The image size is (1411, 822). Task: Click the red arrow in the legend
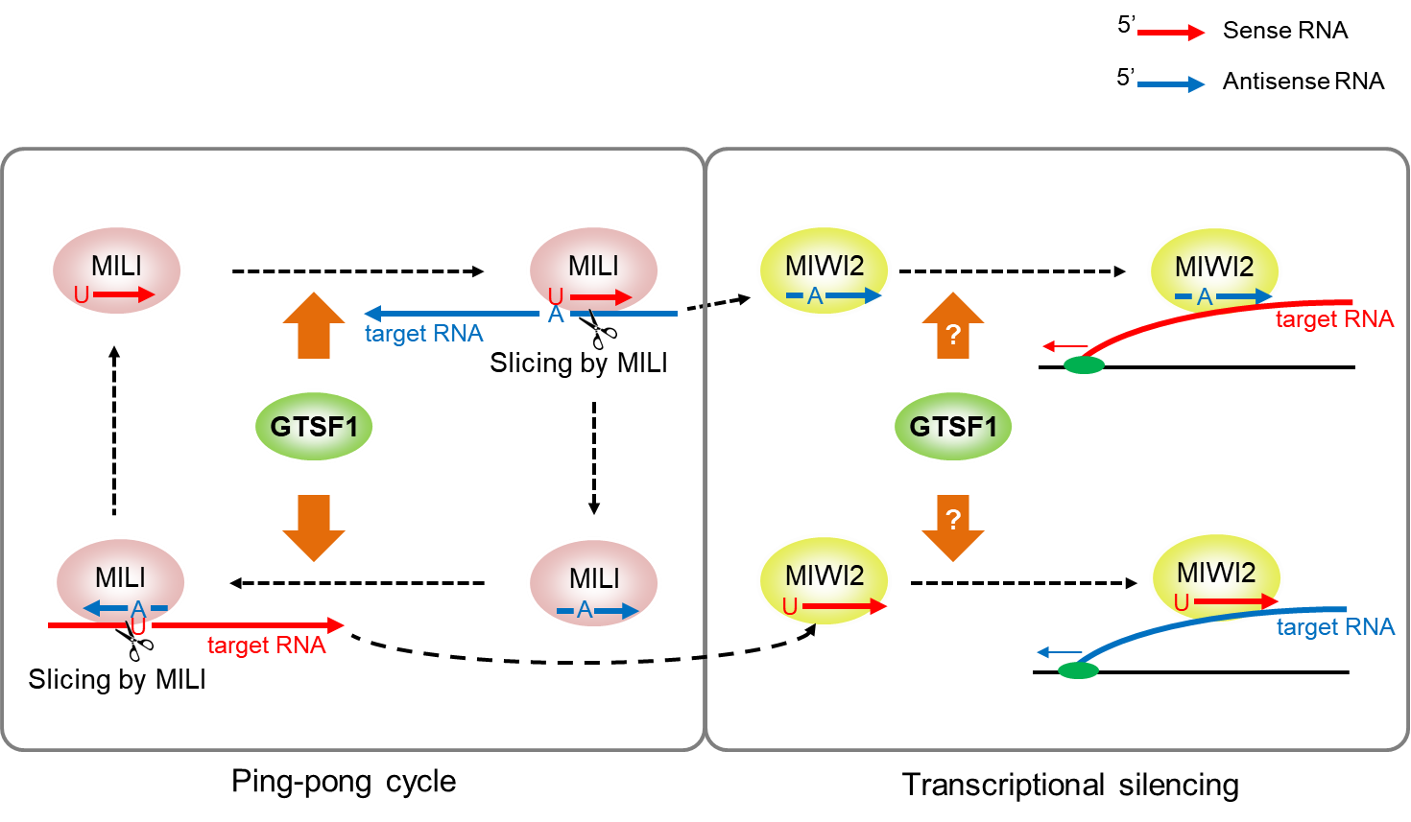pyautogui.click(x=1170, y=33)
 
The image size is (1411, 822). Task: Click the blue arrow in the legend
pyautogui.click(x=1170, y=84)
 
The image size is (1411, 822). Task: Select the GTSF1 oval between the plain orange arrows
pyautogui.click(x=314, y=426)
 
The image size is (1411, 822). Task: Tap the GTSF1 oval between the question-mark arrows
pyautogui.click(x=953, y=426)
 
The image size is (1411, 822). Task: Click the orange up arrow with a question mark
pyautogui.click(x=953, y=327)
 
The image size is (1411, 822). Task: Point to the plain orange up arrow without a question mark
pyautogui.click(x=314, y=326)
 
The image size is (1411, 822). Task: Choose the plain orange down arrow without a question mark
pyautogui.click(x=314, y=527)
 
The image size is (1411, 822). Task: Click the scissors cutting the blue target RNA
pyautogui.click(x=602, y=332)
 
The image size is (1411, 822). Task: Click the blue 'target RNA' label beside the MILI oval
pyautogui.click(x=423, y=334)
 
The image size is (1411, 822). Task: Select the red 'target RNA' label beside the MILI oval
pyautogui.click(x=266, y=646)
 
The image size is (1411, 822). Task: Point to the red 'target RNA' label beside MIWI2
pyautogui.click(x=1334, y=319)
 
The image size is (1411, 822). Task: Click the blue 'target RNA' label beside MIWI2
pyautogui.click(x=1335, y=627)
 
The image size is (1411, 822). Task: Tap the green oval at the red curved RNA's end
pyautogui.click(x=1085, y=364)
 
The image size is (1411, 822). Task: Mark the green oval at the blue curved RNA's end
pyautogui.click(x=1078, y=670)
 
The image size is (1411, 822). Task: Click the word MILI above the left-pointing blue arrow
pyautogui.click(x=120, y=577)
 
